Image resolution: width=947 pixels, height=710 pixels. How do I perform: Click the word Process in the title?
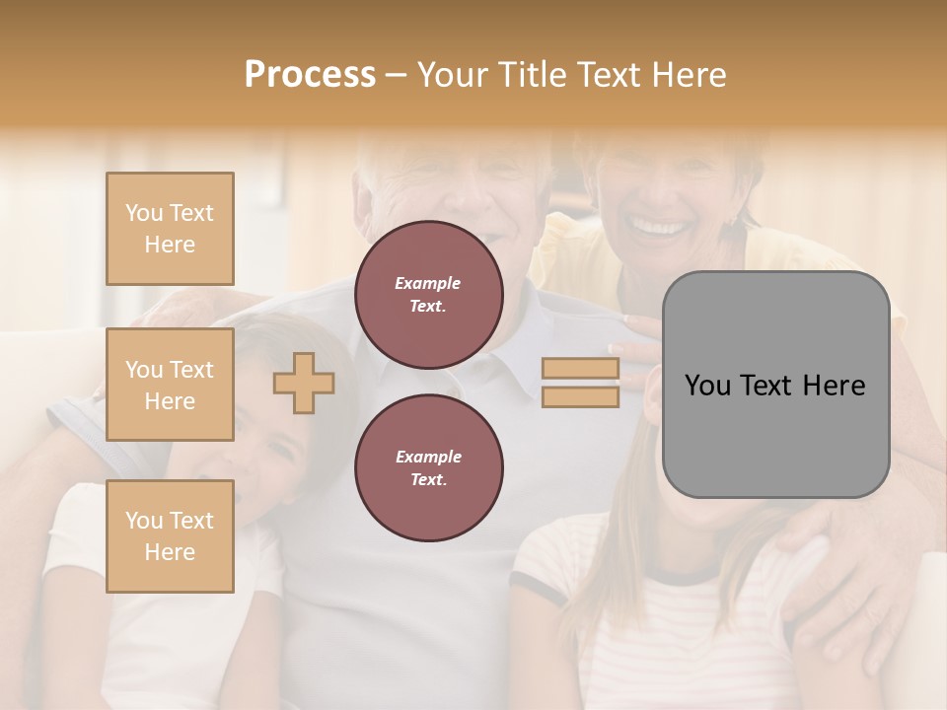[310, 74]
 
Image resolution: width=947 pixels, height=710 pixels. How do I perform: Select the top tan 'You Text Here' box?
[170, 229]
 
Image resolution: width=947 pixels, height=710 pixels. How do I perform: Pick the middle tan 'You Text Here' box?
[170, 385]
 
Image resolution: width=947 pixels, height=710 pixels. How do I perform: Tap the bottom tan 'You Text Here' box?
[170, 536]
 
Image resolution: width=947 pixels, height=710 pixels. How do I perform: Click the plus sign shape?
[304, 383]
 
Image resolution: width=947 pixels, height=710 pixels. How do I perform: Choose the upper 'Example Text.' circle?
[429, 295]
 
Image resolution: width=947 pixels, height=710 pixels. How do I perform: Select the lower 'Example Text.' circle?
[429, 468]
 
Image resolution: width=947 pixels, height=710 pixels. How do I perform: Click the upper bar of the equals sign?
[580, 369]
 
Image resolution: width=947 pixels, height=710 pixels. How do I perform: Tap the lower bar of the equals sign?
[580, 396]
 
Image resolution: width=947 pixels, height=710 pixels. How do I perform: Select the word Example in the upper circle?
[428, 283]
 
